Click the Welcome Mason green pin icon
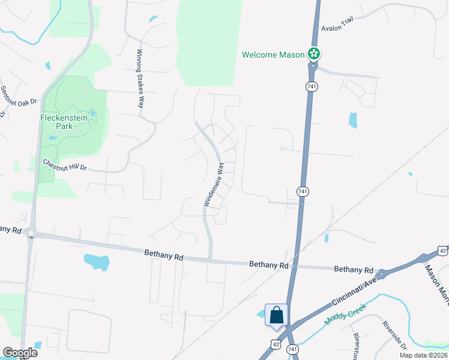pos(313,54)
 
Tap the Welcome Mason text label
pos(273,55)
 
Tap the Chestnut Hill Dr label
pos(65,165)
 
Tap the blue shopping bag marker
pos(276,316)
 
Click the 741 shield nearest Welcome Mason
pos(311,87)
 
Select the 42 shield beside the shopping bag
pos(275,344)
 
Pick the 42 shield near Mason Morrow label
pos(442,249)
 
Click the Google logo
pos(20,353)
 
